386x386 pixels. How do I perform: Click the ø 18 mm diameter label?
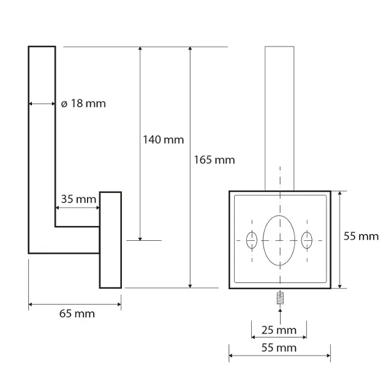tap(83, 104)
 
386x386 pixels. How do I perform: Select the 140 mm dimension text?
tap(164, 140)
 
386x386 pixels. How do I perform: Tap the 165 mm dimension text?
tap(214, 160)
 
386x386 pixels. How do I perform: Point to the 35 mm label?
tap(78, 199)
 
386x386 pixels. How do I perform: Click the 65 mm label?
tap(77, 314)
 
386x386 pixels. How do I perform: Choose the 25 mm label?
tap(279, 330)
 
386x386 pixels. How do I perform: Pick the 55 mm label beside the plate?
tap(361, 237)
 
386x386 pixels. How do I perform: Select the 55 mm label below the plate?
tap(279, 348)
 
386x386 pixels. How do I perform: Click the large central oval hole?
tap(279, 241)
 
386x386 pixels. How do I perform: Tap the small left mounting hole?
tap(252, 240)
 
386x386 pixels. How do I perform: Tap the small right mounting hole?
tap(307, 240)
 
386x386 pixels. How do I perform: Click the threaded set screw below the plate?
tap(280, 298)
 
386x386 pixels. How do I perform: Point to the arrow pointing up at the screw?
tap(280, 316)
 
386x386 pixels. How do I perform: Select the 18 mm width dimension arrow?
tap(42, 104)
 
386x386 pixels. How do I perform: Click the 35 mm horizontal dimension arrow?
tap(78, 208)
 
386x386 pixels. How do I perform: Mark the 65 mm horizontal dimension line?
tap(75, 305)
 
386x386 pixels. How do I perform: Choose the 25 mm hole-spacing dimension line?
tap(279, 337)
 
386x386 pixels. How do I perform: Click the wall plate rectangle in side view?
tap(110, 240)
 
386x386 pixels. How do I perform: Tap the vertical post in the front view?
tap(279, 119)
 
